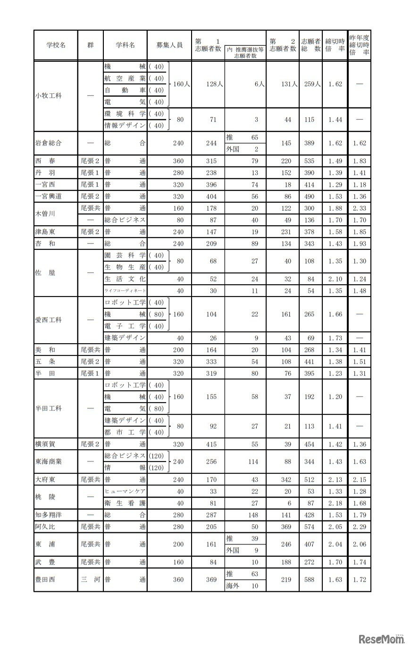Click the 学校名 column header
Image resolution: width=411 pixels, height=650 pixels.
[56, 45]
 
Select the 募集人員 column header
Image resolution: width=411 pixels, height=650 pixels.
[169, 45]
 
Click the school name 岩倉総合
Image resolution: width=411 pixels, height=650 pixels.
[49, 143]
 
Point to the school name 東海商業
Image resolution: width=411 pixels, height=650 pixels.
[49, 461]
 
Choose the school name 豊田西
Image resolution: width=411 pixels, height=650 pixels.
[45, 579]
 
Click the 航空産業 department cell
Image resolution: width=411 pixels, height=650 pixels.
[125, 78]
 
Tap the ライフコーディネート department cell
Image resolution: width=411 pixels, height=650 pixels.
[125, 291]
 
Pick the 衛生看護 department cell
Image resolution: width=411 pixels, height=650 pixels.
[125, 503]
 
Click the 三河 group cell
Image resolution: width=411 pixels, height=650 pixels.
[90, 579]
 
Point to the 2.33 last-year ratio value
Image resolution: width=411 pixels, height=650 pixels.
[359, 208]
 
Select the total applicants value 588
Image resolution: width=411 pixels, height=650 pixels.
[309, 579]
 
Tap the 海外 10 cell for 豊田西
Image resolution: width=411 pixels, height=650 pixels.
[244, 585]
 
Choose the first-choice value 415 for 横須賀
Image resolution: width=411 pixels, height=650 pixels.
[211, 444]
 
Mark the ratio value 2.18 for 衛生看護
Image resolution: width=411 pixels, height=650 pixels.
[335, 503]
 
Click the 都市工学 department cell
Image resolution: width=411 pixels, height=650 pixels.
[125, 432]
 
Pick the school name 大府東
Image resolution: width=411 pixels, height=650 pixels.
[45, 479]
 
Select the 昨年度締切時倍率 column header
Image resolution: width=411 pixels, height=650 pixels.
[359, 45]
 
